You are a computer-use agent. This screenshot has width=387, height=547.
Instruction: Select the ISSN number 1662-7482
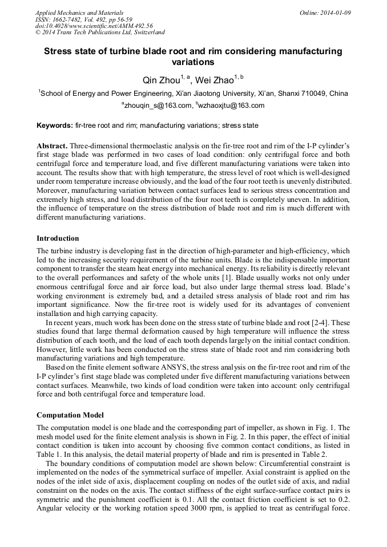66,19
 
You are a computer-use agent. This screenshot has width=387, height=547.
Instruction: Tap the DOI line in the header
94,26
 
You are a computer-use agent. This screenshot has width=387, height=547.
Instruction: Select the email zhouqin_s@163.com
159,106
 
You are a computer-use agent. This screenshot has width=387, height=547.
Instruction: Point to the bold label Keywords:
55,125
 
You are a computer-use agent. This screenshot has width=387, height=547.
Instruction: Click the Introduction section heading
58,238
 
